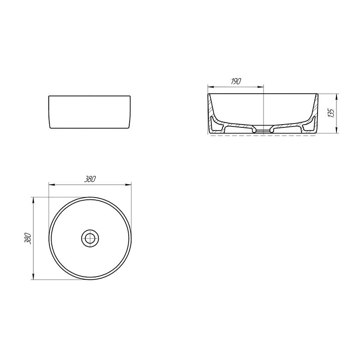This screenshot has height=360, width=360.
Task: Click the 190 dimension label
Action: click(x=236, y=81)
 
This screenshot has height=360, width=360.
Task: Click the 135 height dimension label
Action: click(x=331, y=113)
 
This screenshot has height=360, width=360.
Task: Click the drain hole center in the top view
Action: click(x=90, y=238)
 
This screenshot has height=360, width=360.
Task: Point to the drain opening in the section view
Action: click(x=263, y=130)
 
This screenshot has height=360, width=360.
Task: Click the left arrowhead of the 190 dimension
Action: click(x=211, y=87)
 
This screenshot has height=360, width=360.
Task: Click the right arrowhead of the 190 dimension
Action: click(x=260, y=87)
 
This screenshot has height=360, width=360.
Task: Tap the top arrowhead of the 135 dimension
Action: click(x=336, y=96)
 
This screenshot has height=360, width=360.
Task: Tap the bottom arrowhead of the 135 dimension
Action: click(x=336, y=130)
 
